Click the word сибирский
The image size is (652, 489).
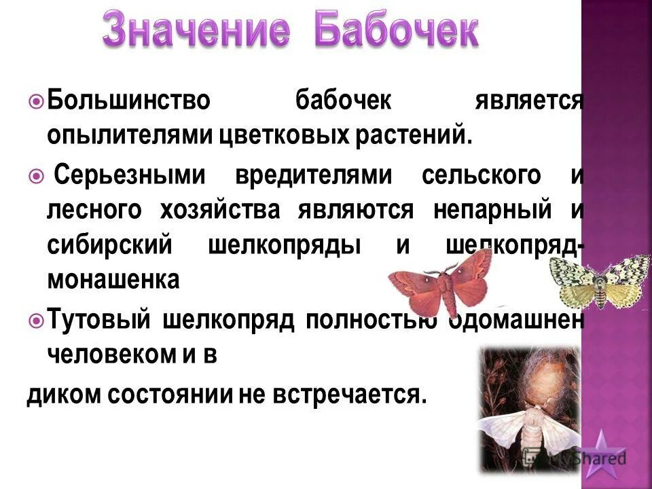(x=110, y=245)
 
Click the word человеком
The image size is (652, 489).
(x=115, y=355)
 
